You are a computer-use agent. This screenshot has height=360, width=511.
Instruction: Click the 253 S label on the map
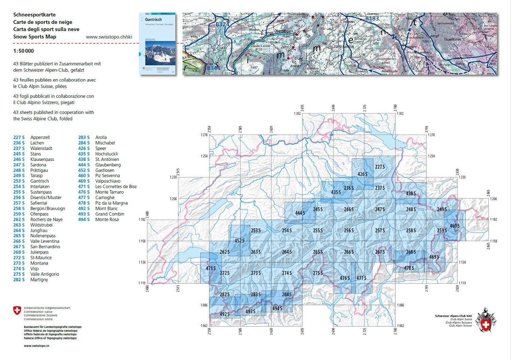pos(255,231)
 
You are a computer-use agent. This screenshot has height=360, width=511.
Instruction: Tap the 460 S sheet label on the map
pos(454,226)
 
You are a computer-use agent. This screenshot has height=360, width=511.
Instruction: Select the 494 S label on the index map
pos(277,309)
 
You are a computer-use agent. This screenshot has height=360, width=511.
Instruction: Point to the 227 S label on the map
pos(380,167)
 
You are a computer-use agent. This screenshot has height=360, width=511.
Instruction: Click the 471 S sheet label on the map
pos(211,268)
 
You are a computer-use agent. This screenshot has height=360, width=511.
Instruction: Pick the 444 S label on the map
pos(300,213)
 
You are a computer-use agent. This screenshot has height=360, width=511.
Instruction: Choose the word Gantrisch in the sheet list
pos(40,181)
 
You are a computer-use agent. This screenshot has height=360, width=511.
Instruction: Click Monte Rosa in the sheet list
pos(107,220)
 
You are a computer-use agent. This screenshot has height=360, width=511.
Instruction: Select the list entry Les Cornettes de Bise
pos(116,186)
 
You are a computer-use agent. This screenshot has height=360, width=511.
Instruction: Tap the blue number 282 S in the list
pos(19,280)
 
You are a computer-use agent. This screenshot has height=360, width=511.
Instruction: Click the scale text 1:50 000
pos(24,51)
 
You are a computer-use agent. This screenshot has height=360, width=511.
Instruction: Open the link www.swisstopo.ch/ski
pos(109,37)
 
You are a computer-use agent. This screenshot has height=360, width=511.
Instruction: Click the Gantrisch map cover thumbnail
pos(157,44)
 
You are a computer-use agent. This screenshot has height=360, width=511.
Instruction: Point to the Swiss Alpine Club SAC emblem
pos(486,320)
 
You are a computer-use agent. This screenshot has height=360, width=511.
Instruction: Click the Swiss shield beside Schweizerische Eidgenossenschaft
pos(17,311)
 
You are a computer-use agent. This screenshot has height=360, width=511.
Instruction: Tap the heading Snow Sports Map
pos(35,37)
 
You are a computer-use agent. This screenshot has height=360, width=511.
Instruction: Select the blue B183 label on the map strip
pos(372,18)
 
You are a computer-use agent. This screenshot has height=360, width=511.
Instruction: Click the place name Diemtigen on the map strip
pos(283,31)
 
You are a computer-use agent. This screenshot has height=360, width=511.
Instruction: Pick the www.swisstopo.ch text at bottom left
pos(36,346)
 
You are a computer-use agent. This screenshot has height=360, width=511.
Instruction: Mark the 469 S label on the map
pos(434,257)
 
